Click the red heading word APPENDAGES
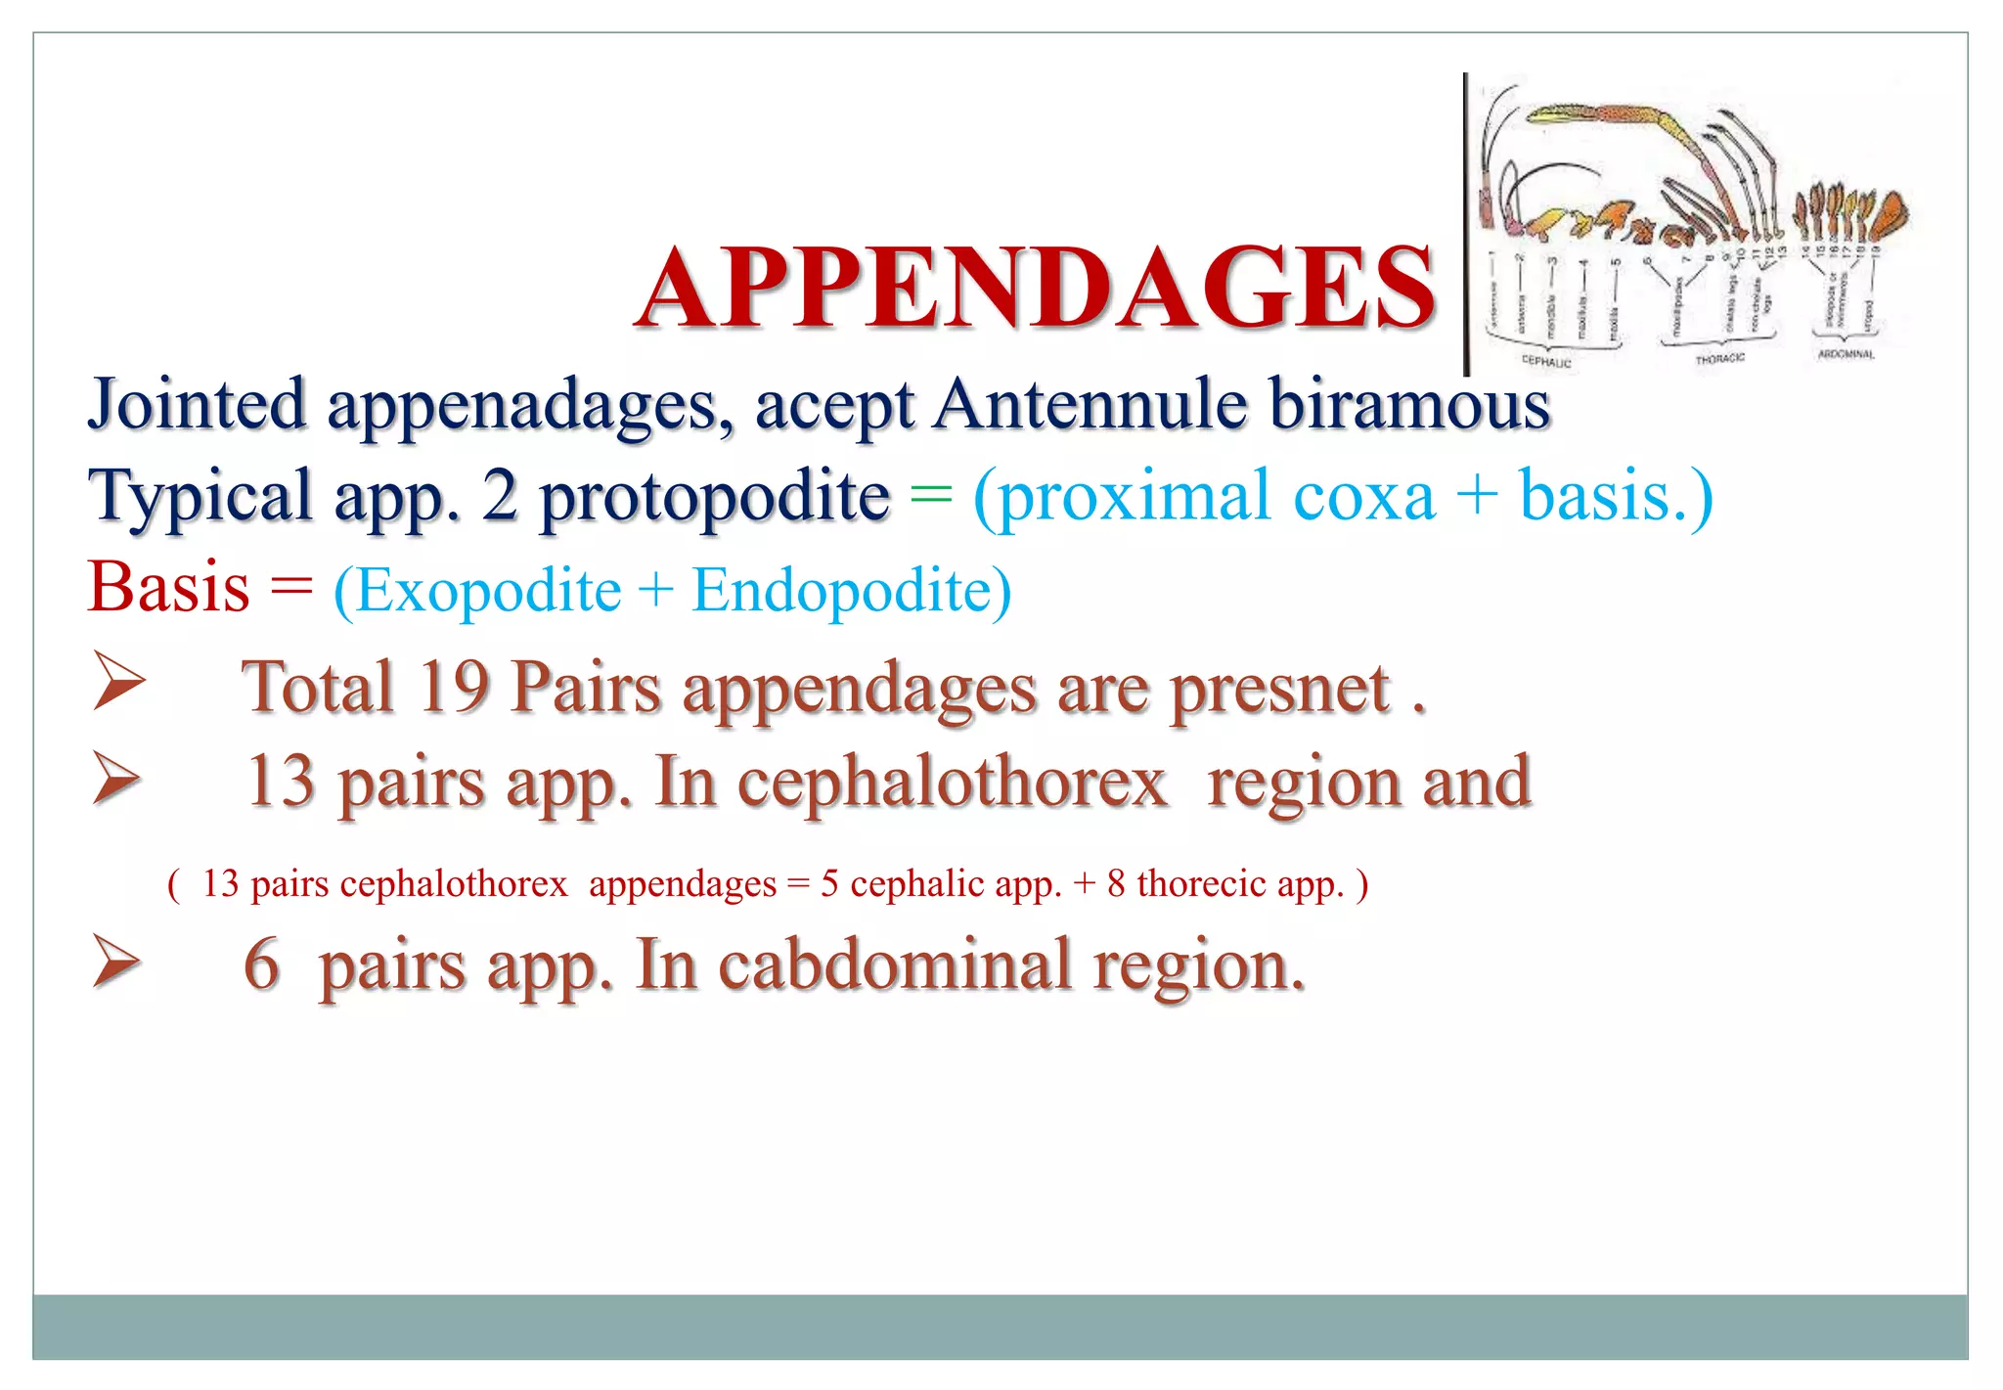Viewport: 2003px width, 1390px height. (1035, 289)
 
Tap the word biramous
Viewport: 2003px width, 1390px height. (1409, 404)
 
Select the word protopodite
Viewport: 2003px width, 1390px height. (714, 497)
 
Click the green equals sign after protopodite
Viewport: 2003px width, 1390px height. (930, 496)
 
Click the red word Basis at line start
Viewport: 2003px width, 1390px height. (168, 588)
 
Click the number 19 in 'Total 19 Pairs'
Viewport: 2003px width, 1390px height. (454, 687)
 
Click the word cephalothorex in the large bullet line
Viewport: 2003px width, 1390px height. (952, 783)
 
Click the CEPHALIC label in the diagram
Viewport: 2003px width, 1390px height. (1546, 362)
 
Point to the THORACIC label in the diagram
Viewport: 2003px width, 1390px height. (1719, 359)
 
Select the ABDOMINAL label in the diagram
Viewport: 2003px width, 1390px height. (1846, 354)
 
